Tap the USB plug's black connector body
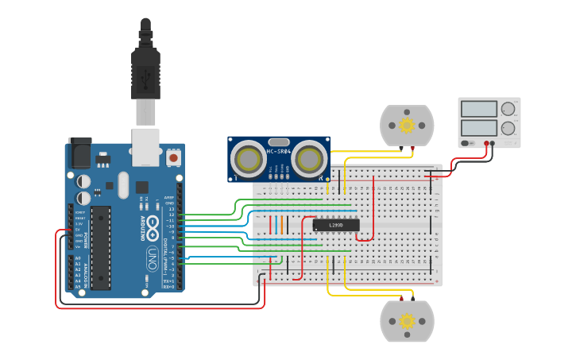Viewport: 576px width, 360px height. click(x=145, y=75)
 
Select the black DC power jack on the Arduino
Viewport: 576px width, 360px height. click(x=79, y=153)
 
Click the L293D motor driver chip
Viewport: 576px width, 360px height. click(x=336, y=225)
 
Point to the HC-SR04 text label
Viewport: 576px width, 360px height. click(x=278, y=151)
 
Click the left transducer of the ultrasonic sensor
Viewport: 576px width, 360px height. click(x=249, y=160)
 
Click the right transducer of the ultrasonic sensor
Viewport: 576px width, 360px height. click(x=308, y=160)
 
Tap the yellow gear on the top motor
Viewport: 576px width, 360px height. click(x=407, y=125)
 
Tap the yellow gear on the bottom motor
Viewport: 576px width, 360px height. click(x=407, y=320)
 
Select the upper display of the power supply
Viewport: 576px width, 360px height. click(x=478, y=109)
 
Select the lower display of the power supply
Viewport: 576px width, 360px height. click(x=478, y=127)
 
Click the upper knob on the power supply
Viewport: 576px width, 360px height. click(x=508, y=109)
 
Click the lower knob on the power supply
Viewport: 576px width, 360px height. click(x=508, y=127)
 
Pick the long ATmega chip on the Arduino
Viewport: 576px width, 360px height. click(x=101, y=247)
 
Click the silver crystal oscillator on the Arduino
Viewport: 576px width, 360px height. click(x=122, y=184)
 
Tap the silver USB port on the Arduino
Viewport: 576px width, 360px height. click(x=145, y=147)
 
